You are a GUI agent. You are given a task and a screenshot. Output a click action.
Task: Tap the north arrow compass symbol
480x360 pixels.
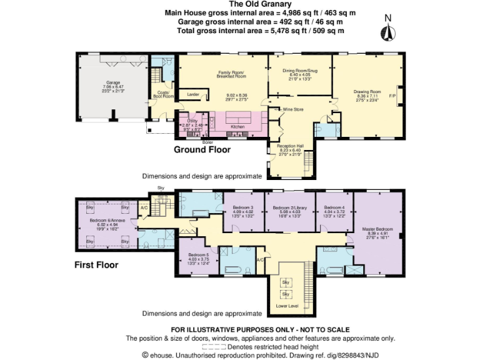tap(388, 31)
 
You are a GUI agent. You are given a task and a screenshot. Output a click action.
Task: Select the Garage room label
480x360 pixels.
tap(113, 83)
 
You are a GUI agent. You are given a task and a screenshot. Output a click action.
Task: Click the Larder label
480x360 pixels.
tap(193, 95)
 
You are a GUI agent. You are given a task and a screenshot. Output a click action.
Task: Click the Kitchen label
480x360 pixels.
tap(238, 126)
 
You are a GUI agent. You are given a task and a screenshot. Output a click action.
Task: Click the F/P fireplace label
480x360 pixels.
tap(392, 95)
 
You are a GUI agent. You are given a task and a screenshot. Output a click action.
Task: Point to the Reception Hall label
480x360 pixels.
tap(289, 146)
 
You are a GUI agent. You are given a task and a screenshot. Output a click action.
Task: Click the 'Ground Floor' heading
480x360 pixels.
tap(202, 150)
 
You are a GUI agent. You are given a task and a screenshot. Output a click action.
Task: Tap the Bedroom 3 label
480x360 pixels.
tap(243, 207)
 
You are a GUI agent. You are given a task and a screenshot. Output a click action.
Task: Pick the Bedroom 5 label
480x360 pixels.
tap(199, 255)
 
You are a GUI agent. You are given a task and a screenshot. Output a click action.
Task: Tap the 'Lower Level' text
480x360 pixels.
tap(287, 306)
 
